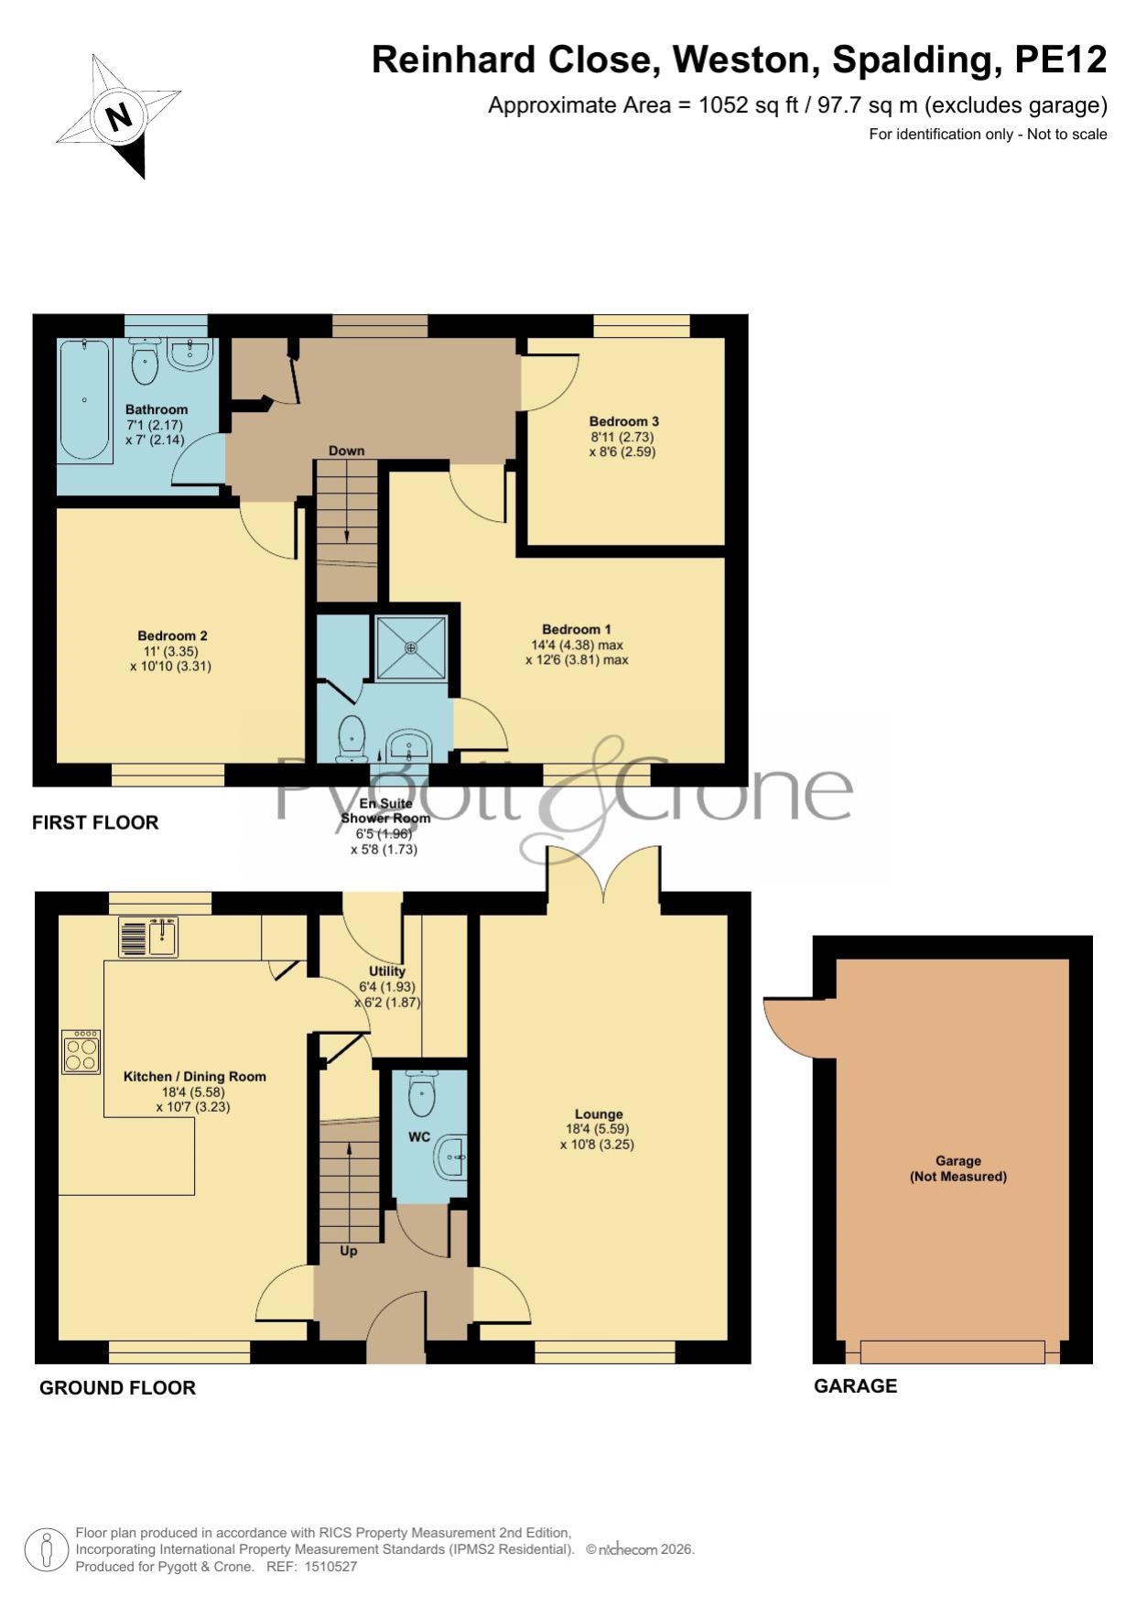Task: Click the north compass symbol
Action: [119, 115]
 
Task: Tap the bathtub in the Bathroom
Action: [85, 399]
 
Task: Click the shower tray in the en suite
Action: [411, 647]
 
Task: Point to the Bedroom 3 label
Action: [624, 421]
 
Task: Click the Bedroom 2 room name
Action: [172, 635]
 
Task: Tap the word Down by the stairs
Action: [347, 451]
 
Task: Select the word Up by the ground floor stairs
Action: [349, 1251]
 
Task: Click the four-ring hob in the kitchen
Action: [81, 1051]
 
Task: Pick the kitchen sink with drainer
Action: [148, 938]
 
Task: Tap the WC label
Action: [419, 1137]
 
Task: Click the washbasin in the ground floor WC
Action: [450, 1158]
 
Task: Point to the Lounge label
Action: [599, 1114]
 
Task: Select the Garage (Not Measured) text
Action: [958, 1168]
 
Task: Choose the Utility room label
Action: [387, 971]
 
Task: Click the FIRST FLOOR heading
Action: [95, 822]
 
